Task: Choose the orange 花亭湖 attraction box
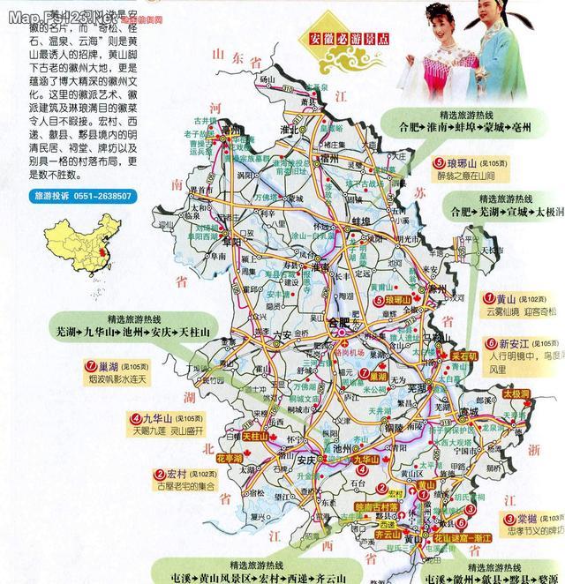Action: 229,459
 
